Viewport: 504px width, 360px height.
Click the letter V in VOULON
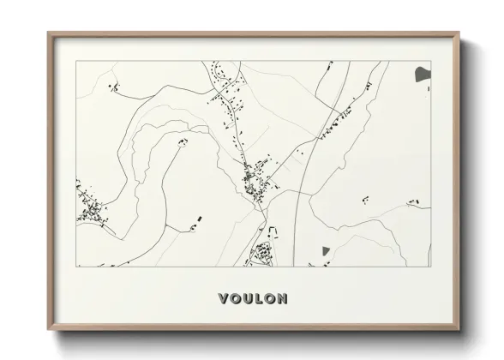click(x=224, y=299)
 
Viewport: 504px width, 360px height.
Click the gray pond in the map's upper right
click(x=422, y=75)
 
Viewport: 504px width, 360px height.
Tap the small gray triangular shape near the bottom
click(x=325, y=250)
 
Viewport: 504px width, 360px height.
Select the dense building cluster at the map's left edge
click(x=91, y=210)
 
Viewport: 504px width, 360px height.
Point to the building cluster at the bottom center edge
click(x=262, y=253)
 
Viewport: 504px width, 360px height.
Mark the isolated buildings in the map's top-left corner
click(x=112, y=86)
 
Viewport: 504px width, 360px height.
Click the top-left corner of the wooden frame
click(x=49, y=34)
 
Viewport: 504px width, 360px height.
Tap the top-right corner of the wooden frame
click(x=458, y=34)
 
